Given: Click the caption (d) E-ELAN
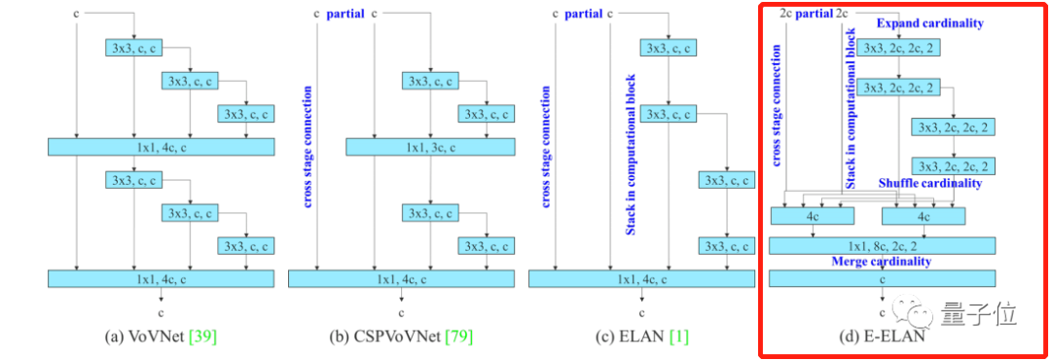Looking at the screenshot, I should click(x=884, y=337).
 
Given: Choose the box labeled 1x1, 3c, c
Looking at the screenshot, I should click(x=430, y=146).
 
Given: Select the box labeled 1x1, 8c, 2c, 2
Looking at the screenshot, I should click(x=884, y=245).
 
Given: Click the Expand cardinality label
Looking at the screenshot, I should click(x=929, y=22).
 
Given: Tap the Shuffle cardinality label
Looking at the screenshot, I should click(x=929, y=183).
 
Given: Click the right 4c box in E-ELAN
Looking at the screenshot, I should click(x=921, y=216).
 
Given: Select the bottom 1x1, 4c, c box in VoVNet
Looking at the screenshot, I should click(x=160, y=278).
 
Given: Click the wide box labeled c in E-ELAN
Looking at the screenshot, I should click(x=884, y=278).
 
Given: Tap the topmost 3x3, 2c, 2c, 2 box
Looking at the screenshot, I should click(x=899, y=47).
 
